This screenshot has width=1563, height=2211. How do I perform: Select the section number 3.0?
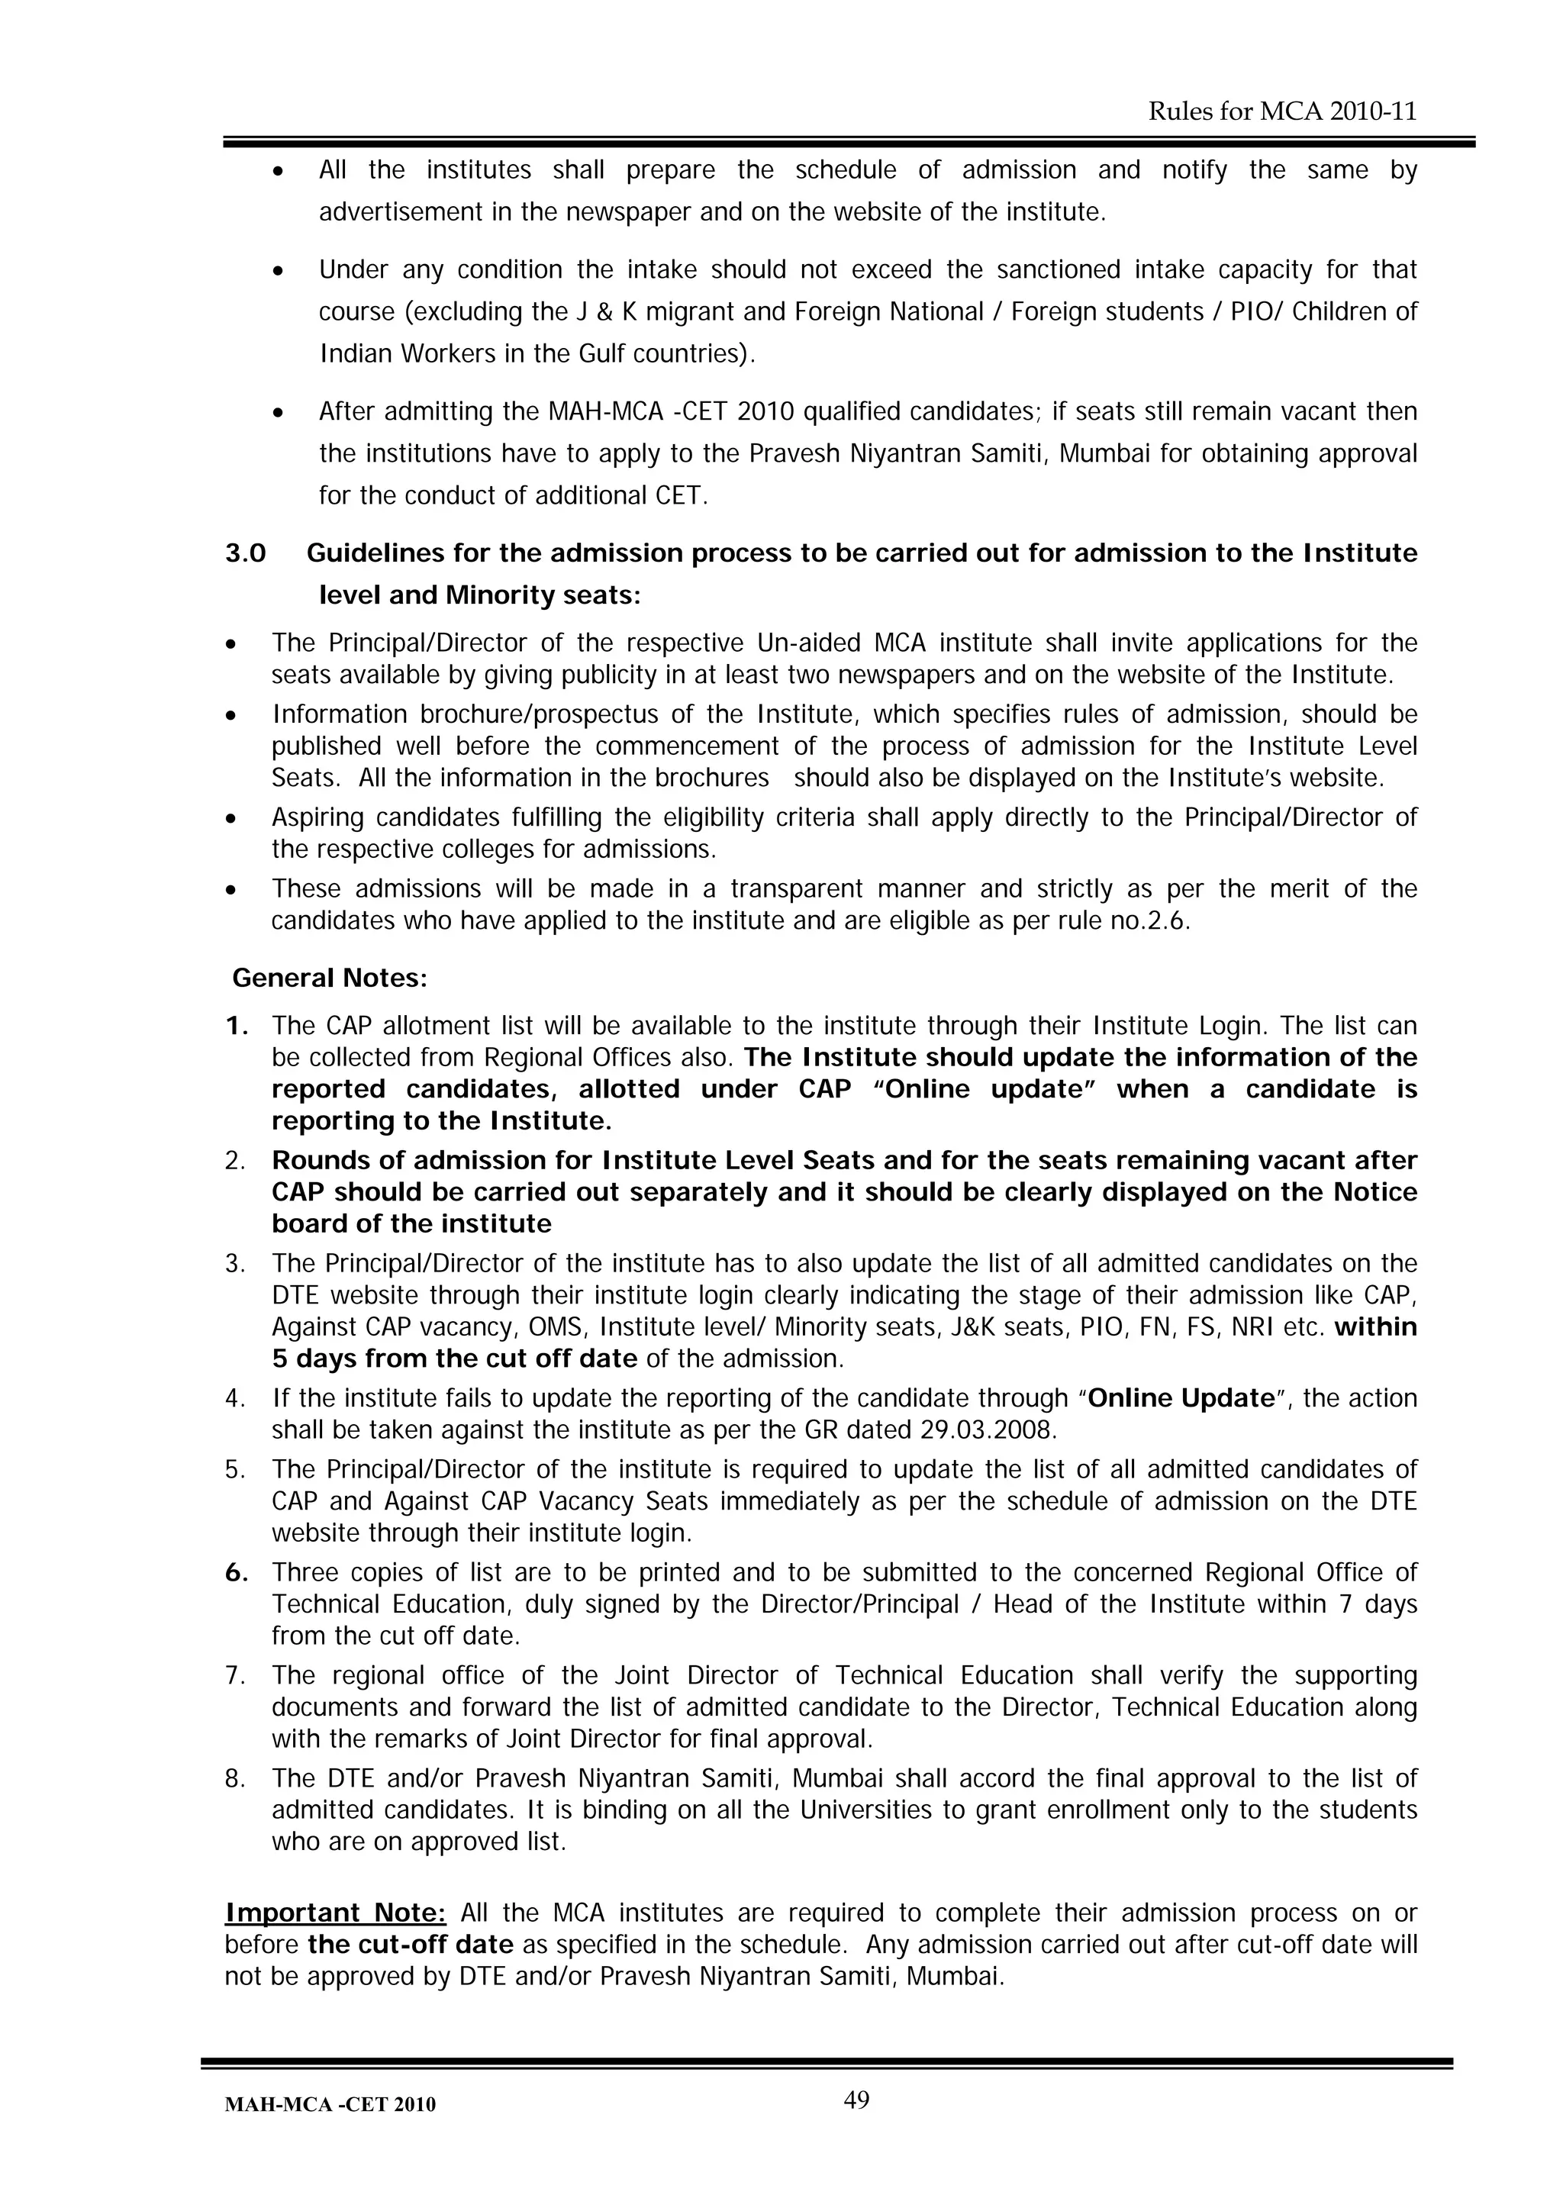click(246, 554)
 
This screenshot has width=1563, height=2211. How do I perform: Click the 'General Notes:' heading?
click(330, 978)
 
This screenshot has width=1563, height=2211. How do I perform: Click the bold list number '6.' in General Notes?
click(237, 1572)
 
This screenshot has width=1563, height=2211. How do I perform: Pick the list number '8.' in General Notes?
click(236, 1778)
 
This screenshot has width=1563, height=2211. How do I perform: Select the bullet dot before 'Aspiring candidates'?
click(230, 818)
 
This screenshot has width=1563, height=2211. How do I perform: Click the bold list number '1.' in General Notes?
click(237, 1027)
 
